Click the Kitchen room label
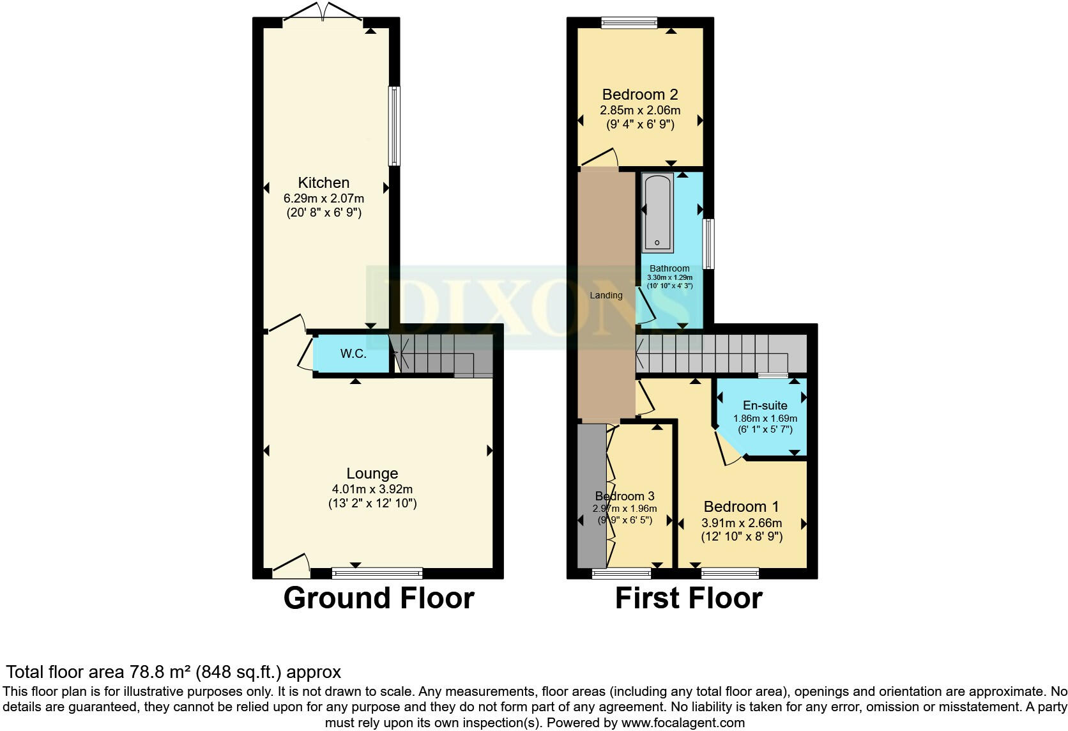(x=323, y=183)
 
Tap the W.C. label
(x=353, y=353)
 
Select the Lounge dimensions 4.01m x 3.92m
(x=372, y=489)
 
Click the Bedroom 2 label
(x=639, y=95)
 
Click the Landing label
(x=606, y=295)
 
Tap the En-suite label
(x=765, y=405)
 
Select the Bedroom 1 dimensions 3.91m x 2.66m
(x=741, y=522)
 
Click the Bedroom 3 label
(x=624, y=496)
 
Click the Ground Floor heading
(x=378, y=598)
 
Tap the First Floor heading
(x=688, y=598)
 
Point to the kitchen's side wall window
(x=395, y=126)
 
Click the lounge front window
(x=377, y=573)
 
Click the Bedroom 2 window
(x=629, y=23)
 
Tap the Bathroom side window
(x=708, y=243)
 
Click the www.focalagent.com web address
(x=682, y=723)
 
